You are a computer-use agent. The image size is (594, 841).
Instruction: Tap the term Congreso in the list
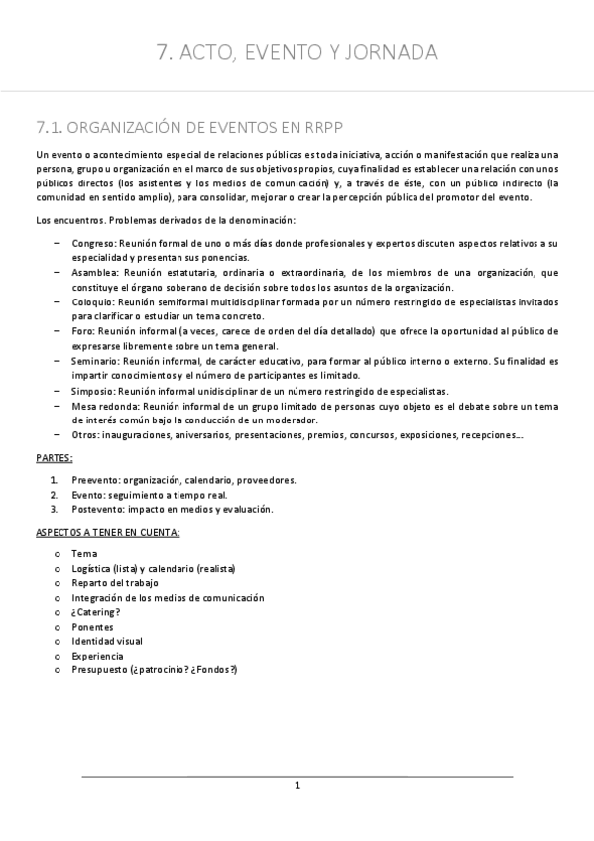[x=93, y=243]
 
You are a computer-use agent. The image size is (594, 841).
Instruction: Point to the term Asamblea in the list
[x=94, y=272]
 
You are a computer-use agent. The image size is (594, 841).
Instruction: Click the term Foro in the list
[x=82, y=330]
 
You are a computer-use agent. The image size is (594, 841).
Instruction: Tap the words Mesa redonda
[x=105, y=406]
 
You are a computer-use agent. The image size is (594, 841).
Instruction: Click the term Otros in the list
[x=85, y=435]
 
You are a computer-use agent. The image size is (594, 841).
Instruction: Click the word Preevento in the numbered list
[x=95, y=480]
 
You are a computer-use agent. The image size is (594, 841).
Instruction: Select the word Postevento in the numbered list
[x=98, y=509]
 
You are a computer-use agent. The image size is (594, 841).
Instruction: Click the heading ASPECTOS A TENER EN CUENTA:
[x=107, y=533]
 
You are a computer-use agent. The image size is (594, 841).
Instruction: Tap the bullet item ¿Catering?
[x=96, y=613]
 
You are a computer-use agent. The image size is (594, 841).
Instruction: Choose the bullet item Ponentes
[x=93, y=627]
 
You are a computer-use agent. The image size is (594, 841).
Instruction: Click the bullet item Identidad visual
[x=107, y=642]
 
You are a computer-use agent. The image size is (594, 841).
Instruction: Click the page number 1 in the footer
[x=297, y=785]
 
